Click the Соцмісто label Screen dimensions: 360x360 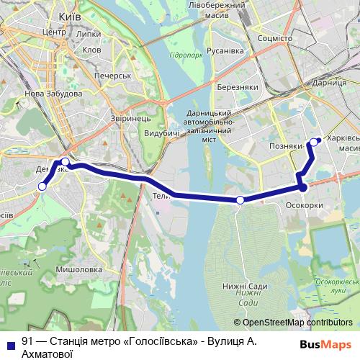pos(274,37)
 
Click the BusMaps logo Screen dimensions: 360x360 pos(325,344)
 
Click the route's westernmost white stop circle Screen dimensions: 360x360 pos(42,186)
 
